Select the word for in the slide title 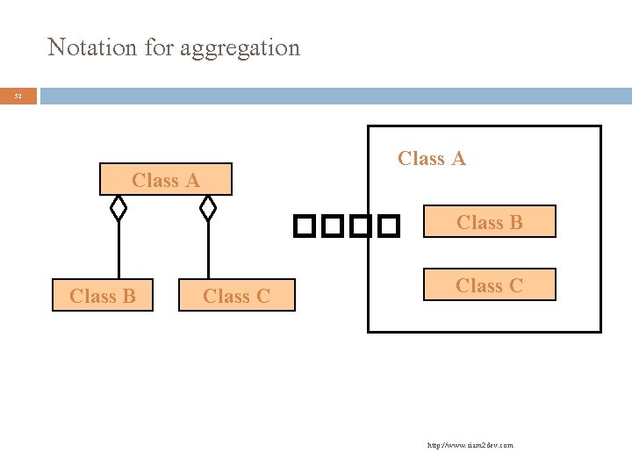pyautogui.click(x=159, y=47)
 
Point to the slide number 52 pyautogui.click(x=18, y=96)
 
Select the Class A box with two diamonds pyautogui.click(x=166, y=180)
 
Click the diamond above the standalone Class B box pyautogui.click(x=118, y=208)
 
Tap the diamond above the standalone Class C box pyautogui.click(x=208, y=208)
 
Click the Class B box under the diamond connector pyautogui.click(x=103, y=296)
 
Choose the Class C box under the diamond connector pyautogui.click(x=236, y=296)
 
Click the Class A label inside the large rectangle pyautogui.click(x=432, y=159)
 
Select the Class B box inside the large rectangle pyautogui.click(x=489, y=223)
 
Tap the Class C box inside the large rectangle pyautogui.click(x=489, y=285)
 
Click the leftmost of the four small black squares pyautogui.click(x=304, y=227)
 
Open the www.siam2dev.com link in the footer pyautogui.click(x=470, y=445)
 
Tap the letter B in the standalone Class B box pyautogui.click(x=129, y=297)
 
